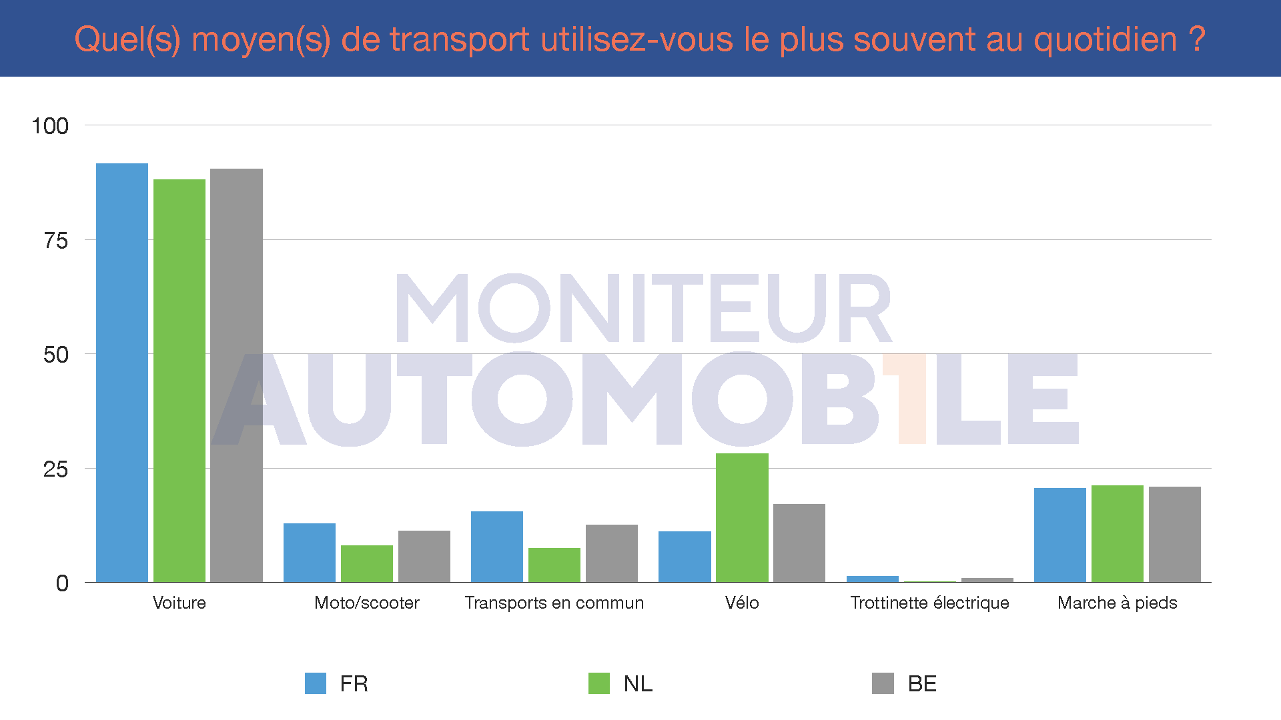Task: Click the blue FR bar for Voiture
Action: (x=122, y=373)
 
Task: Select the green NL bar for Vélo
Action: (x=742, y=518)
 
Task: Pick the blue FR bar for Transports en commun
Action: (x=497, y=547)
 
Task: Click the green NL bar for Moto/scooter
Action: (x=367, y=564)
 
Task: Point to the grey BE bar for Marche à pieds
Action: (x=1174, y=535)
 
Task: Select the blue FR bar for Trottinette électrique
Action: (x=873, y=579)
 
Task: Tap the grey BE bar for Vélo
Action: (x=799, y=543)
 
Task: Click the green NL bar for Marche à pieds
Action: (x=1118, y=534)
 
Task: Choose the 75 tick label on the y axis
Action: (x=56, y=241)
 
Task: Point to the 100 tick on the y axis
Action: (x=50, y=126)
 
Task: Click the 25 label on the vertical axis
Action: (x=56, y=469)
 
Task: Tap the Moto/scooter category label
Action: (x=367, y=603)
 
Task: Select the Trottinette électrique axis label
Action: (x=929, y=603)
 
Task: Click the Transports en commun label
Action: (x=554, y=603)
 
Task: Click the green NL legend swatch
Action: (x=599, y=683)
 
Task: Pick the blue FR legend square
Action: (x=316, y=683)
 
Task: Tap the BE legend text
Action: (x=922, y=683)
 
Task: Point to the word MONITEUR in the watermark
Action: (x=644, y=308)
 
